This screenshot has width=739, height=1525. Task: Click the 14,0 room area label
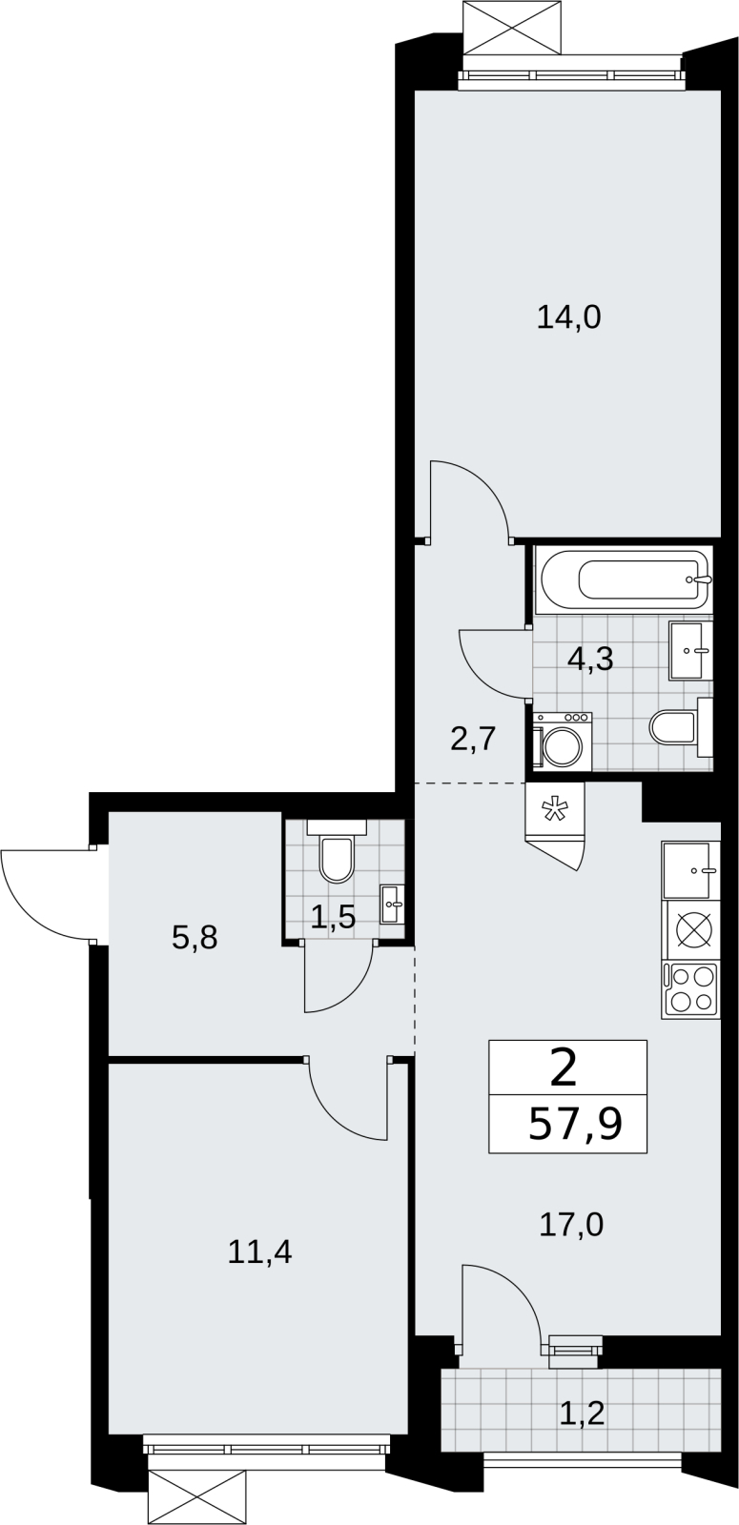pos(568,318)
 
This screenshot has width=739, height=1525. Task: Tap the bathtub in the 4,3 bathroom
pos(624,579)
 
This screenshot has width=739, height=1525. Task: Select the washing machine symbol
pos(563,742)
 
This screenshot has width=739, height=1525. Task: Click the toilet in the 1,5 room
pos(337,851)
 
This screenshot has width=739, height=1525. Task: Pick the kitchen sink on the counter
pos(690,869)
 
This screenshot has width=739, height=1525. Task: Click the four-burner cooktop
pos(690,990)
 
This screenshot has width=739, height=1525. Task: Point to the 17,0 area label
pos(571,1226)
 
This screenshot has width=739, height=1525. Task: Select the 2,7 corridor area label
pos(471,739)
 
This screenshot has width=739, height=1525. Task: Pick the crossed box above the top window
pos(513,27)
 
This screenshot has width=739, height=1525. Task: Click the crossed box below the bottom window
pos(196,1497)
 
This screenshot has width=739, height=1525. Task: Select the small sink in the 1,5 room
pos(393,905)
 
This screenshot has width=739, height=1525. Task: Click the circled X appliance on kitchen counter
pos(690,930)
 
